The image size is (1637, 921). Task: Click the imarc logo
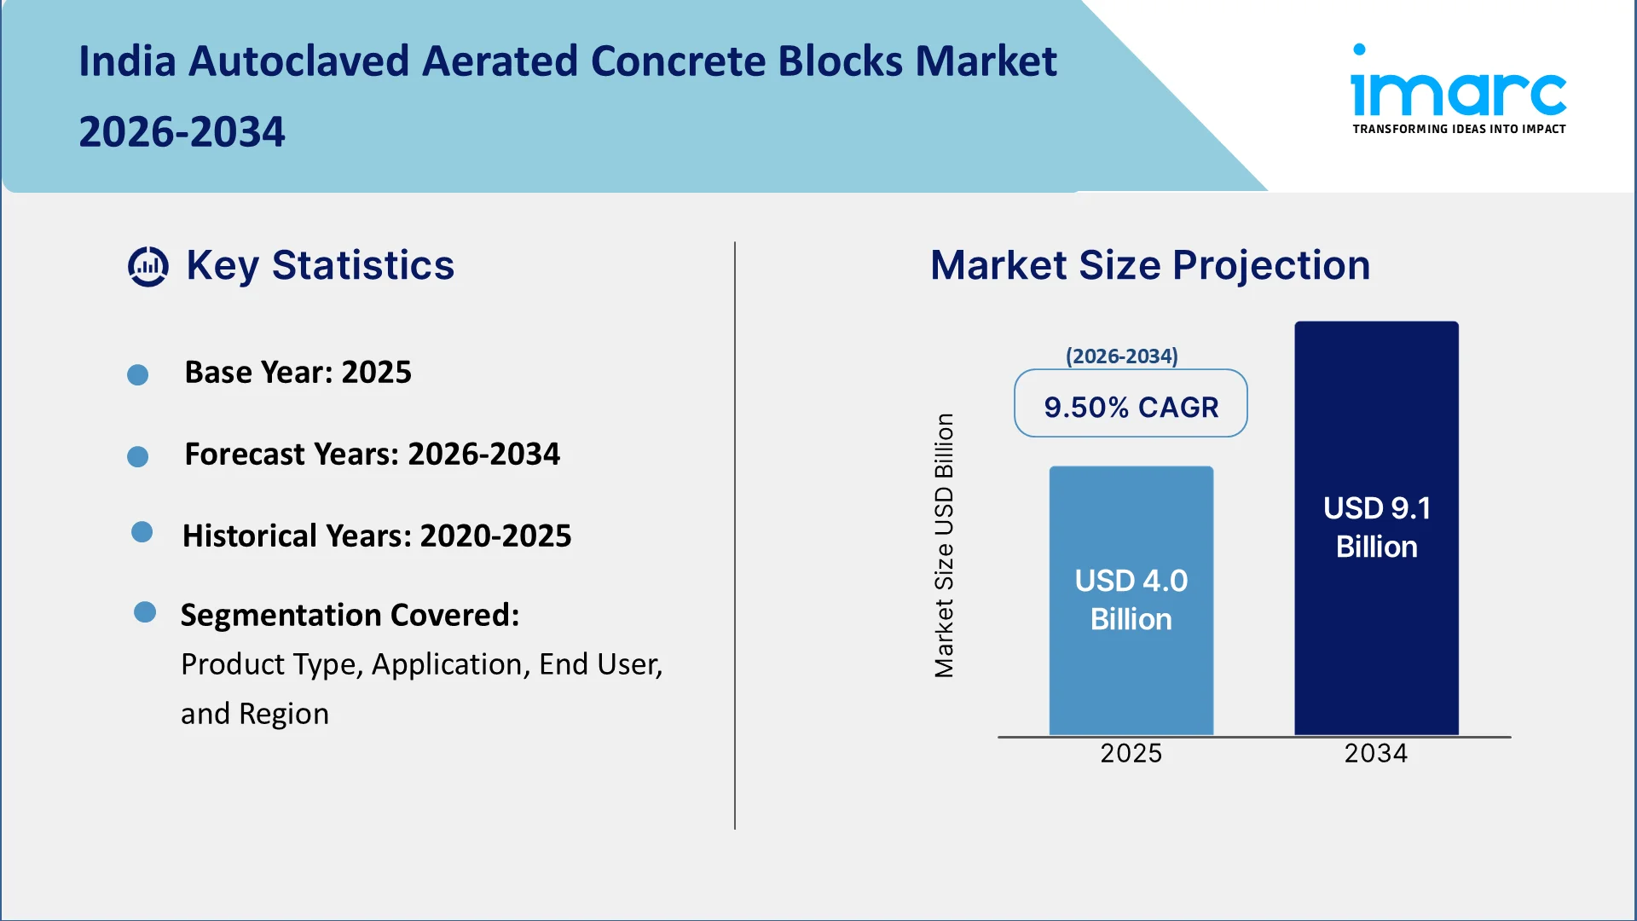[1459, 89]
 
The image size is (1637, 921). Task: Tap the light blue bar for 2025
[1131, 600]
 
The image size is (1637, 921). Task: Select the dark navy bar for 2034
[1376, 528]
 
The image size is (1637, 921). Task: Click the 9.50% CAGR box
[1131, 403]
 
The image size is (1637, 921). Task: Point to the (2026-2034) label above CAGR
[1122, 356]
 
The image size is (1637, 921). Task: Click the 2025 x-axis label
[1131, 754]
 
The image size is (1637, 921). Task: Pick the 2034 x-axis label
[1376, 754]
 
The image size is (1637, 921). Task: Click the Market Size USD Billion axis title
[944, 546]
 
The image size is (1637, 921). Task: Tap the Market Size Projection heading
[1150, 265]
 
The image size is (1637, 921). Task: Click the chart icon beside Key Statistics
[148, 267]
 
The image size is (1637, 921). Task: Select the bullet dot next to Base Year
[137, 375]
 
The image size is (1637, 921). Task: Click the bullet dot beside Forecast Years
[137, 457]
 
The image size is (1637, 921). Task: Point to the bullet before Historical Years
[142, 532]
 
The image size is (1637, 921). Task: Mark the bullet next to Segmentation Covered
[145, 612]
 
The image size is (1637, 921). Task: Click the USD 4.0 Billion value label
[1131, 600]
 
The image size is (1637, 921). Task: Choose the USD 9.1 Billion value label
[1377, 527]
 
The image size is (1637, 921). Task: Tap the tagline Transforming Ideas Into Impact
[1459, 129]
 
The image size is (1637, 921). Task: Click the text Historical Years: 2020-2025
[377, 536]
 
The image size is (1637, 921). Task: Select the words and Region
[255, 715]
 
